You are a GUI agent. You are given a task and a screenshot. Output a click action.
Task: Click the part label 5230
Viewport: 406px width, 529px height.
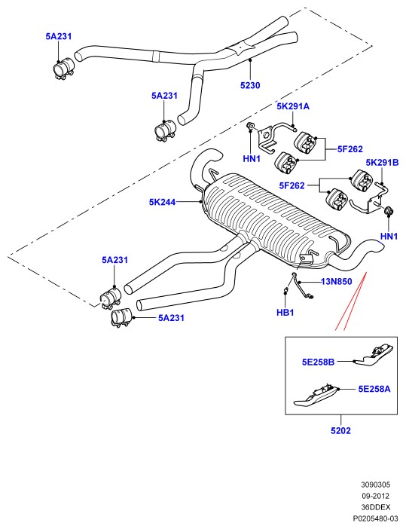point(250,85)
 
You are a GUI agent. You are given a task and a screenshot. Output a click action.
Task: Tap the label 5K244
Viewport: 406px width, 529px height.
point(163,202)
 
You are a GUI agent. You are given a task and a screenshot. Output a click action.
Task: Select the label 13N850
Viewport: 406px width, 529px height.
point(337,281)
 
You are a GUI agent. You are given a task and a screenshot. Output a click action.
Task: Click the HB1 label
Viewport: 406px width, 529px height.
point(285,313)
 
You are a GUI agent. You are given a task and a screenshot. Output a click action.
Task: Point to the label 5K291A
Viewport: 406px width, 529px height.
point(293,106)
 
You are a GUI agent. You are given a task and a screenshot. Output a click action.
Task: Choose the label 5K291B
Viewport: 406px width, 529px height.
point(383,163)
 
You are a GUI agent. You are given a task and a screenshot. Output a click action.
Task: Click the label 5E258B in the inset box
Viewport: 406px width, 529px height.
point(319,362)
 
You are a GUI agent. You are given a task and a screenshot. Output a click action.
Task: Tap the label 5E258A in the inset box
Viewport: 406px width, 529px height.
point(374,389)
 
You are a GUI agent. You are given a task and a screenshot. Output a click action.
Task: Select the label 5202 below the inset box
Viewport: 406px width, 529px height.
point(340,430)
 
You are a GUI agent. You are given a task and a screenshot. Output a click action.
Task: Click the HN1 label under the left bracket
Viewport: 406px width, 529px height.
point(252,158)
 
